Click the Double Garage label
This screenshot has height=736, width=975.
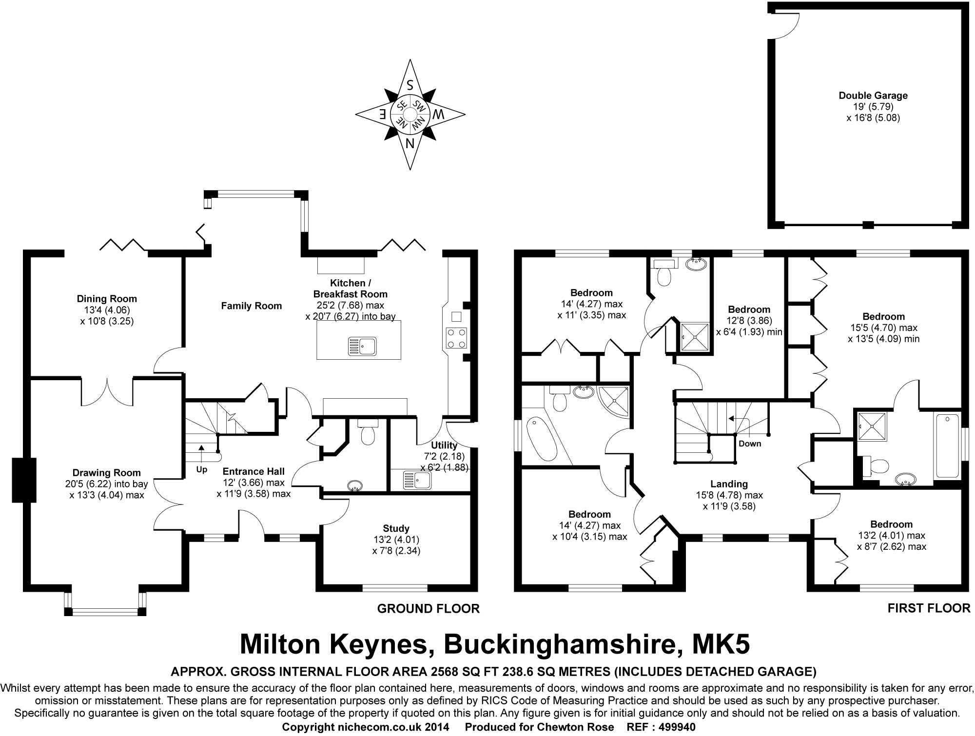click(873, 96)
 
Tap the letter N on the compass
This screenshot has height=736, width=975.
click(410, 143)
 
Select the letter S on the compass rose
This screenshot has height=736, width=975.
click(410, 85)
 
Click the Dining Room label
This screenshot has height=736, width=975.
click(107, 299)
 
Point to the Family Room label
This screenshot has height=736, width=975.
click(252, 306)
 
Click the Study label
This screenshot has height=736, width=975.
click(396, 528)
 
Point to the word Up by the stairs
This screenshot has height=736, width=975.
click(201, 470)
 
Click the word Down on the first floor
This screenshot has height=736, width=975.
click(750, 444)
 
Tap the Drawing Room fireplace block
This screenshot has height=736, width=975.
click(24, 480)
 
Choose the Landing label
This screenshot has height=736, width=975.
click(729, 484)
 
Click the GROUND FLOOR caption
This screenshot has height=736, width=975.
click(429, 608)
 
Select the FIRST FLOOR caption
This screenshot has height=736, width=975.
click(929, 608)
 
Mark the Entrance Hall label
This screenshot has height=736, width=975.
click(253, 471)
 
